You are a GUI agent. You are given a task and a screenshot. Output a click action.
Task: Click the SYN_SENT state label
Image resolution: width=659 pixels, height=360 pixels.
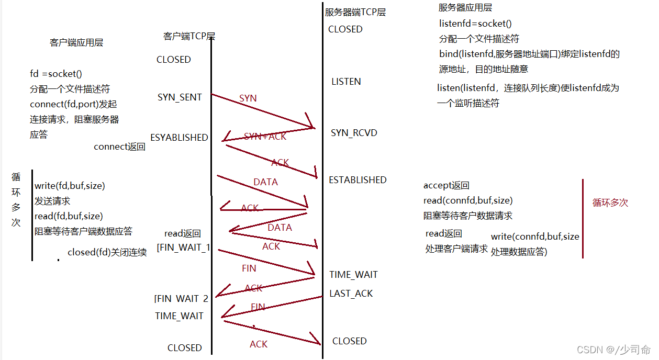[x=180, y=97]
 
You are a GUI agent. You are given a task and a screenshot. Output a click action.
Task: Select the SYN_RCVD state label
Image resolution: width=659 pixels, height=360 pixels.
[x=354, y=133]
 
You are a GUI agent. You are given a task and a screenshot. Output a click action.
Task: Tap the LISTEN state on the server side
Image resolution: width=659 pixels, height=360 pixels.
[x=346, y=82]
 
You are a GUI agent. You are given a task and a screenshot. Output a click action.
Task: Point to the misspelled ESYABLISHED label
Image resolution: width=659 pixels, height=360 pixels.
[x=179, y=138]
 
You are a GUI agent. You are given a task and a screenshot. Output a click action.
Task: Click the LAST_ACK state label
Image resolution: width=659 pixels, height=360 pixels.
[x=351, y=294]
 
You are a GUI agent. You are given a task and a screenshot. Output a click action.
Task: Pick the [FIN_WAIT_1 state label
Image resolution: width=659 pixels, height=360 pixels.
[x=183, y=248]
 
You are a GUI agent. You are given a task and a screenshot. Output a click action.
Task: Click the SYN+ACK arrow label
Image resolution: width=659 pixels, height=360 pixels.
[x=265, y=137]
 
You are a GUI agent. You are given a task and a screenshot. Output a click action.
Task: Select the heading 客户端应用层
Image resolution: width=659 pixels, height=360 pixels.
[x=76, y=43]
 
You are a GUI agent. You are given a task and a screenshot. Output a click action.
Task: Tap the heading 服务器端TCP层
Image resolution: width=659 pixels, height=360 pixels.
[x=355, y=12]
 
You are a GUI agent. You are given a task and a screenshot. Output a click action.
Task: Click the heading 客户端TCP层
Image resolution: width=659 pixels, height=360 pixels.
[x=189, y=36]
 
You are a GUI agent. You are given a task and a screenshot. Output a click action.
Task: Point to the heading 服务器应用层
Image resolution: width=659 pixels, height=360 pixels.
[x=465, y=8]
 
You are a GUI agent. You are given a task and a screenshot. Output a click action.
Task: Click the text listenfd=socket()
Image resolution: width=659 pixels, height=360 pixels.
[x=475, y=24]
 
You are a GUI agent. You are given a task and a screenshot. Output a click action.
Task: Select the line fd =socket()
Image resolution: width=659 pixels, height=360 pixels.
[x=56, y=74]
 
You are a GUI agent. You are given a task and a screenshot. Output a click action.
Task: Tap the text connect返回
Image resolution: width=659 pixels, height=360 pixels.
[x=119, y=147]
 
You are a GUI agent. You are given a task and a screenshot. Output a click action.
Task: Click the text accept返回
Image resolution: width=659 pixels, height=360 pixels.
[x=446, y=186]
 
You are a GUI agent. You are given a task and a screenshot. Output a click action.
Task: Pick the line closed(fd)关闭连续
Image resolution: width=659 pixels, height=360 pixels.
[x=107, y=253]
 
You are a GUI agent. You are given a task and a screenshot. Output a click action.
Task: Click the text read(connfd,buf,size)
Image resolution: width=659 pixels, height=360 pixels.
[x=468, y=200]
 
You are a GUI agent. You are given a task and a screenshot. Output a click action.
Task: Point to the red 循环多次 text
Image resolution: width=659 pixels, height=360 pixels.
[x=610, y=203]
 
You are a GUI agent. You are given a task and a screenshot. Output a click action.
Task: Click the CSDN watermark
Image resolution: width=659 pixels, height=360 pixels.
[x=613, y=350]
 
